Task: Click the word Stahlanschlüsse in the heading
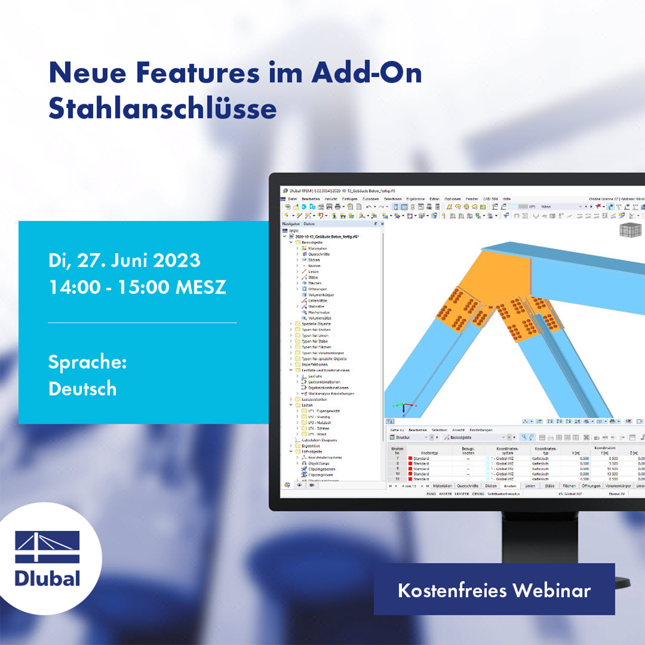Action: coord(162,108)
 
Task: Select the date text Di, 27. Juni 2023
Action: coord(124,260)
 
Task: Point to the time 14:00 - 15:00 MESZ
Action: coord(137,287)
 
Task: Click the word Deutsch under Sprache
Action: coord(82,388)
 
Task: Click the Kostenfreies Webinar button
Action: coord(494,590)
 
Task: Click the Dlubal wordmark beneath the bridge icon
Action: coord(48,579)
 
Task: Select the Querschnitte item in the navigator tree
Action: coord(319,254)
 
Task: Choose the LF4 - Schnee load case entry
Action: coord(318,429)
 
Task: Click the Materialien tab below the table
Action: coord(442,486)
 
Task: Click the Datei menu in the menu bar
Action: coord(292,198)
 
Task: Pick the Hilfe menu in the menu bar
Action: coord(507,198)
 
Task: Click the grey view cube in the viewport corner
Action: coord(631,230)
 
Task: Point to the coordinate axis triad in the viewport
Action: coord(404,407)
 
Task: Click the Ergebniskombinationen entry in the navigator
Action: coord(328,388)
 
